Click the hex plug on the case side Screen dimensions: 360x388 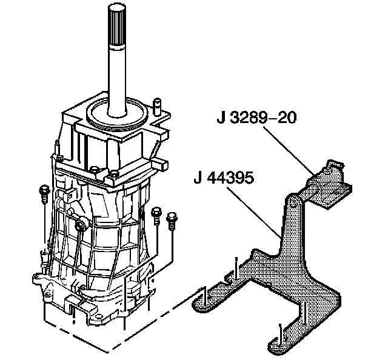[81, 225]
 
